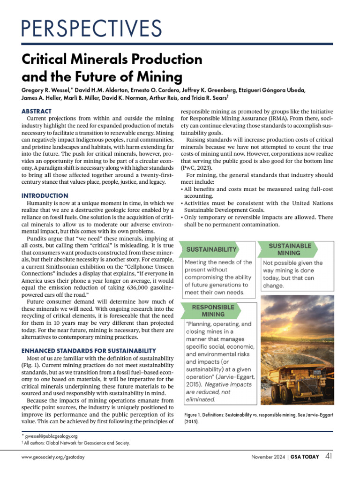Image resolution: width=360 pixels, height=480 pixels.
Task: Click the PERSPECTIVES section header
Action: coord(92,29)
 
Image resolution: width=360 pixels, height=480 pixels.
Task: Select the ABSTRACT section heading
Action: coord(37,112)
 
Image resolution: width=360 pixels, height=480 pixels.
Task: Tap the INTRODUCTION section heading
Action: coord(45,195)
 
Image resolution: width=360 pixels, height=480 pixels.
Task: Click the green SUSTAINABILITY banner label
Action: coord(211,249)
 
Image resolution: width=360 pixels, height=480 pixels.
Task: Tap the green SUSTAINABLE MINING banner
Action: coord(290,249)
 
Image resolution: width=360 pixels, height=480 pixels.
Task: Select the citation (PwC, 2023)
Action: coord(197,167)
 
